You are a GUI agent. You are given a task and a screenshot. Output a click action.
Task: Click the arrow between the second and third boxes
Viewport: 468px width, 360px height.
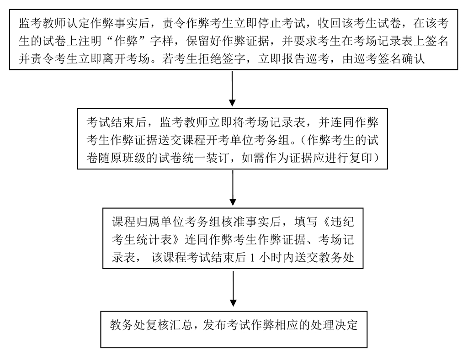pyautogui.click(x=233, y=188)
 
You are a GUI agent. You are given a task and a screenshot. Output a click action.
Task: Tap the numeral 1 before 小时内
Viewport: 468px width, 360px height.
pyautogui.click(x=252, y=258)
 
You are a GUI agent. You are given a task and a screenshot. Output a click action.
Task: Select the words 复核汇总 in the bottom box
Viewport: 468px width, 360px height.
pyautogui.click(x=158, y=325)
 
